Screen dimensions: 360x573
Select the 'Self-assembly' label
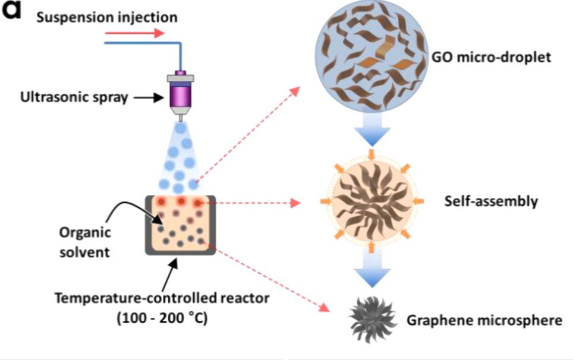[x=491, y=201]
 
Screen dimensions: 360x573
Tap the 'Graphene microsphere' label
[x=484, y=321]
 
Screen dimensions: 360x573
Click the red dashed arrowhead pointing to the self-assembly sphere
[x=295, y=204]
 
